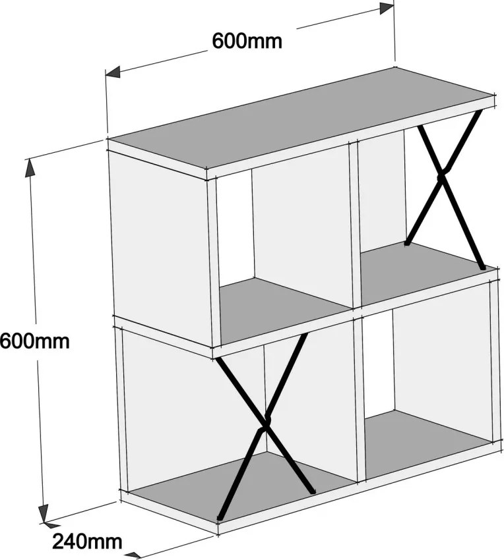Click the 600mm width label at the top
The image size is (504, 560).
[x=247, y=41]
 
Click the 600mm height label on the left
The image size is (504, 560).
[x=34, y=341]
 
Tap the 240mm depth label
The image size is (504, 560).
[x=87, y=542]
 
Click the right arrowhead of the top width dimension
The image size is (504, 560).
[x=387, y=8]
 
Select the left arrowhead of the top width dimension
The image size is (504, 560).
[x=113, y=72]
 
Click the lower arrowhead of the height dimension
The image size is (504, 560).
[x=44, y=514]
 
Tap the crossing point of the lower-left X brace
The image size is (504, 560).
[x=265, y=424]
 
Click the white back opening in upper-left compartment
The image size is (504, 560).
[x=235, y=229]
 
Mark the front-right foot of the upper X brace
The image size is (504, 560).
[x=482, y=267]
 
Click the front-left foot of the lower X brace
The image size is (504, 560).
[x=220, y=517]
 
